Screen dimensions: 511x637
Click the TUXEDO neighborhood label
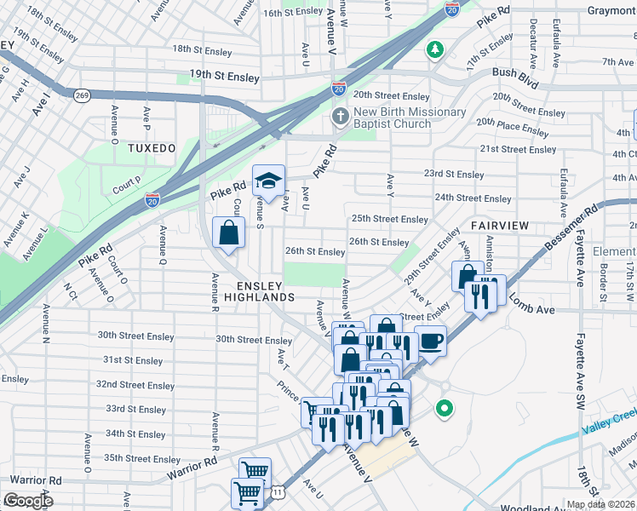pos(152,148)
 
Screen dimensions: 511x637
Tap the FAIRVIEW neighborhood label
pos(500,226)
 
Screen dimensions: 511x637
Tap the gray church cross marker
pos(340,117)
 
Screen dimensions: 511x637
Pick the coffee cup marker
pos(430,341)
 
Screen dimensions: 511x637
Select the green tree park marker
pos(435,49)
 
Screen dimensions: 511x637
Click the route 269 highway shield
pos(82,95)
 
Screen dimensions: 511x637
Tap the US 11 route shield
pos(277,491)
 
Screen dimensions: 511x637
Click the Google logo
pos(28,500)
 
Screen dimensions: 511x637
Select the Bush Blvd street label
pos(515,73)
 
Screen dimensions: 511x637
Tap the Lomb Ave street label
pos(534,308)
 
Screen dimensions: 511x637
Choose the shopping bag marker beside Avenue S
pos(229,233)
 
